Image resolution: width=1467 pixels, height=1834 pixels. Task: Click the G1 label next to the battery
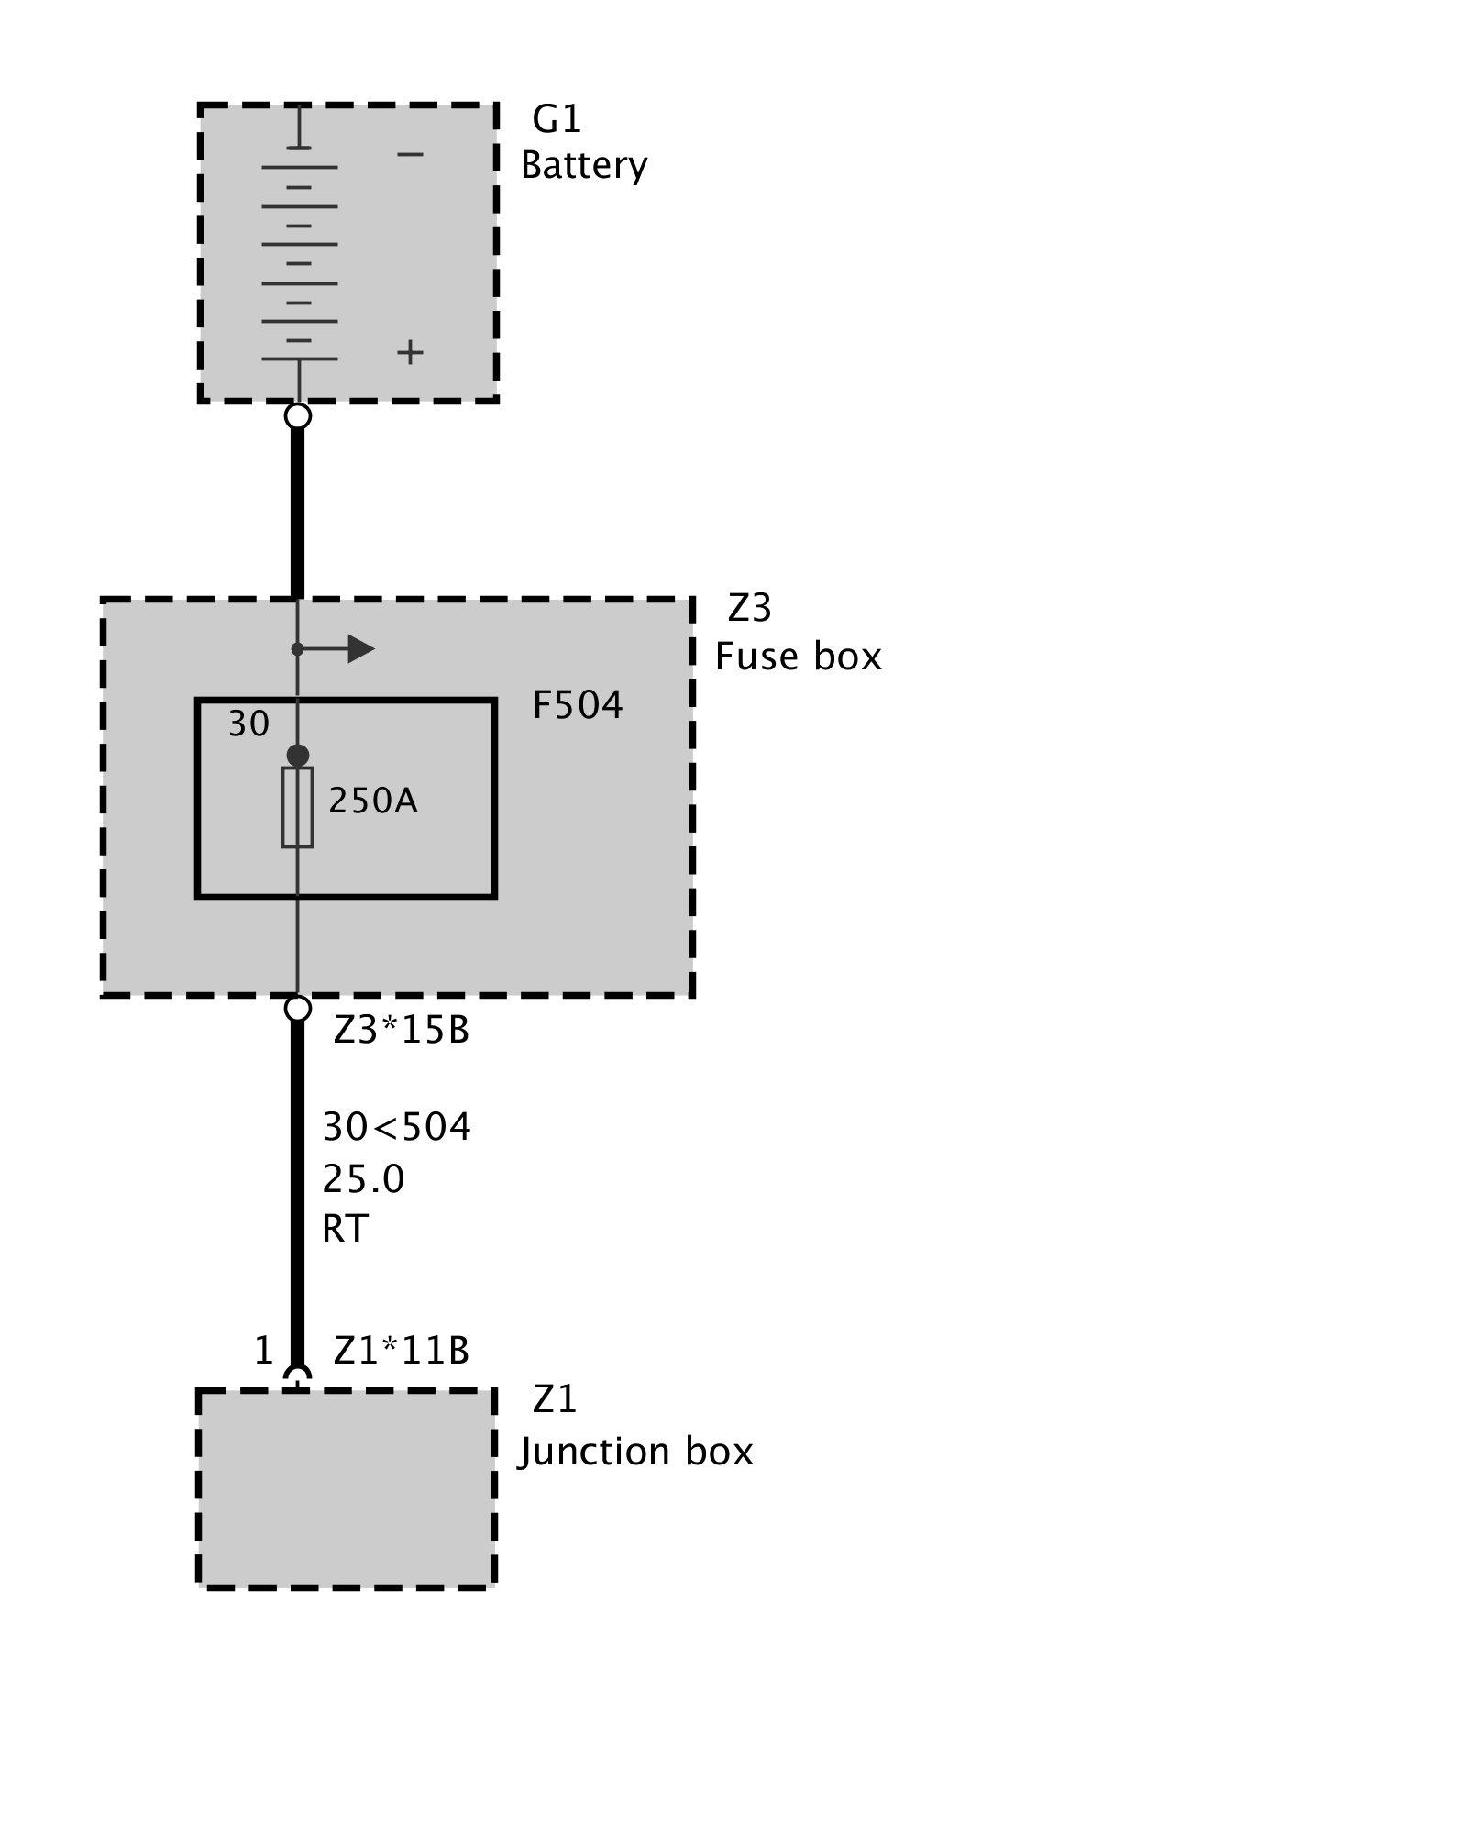click(557, 119)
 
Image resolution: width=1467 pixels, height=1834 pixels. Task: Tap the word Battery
click(584, 166)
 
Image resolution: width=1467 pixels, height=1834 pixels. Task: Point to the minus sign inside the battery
click(410, 154)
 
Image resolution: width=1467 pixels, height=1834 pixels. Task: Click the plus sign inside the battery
click(410, 352)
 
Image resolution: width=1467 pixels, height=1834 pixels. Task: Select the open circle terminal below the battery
click(298, 416)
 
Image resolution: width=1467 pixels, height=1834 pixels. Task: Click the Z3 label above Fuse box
click(749, 608)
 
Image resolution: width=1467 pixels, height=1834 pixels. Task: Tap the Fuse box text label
click(798, 657)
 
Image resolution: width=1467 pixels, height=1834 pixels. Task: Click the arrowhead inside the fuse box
click(360, 649)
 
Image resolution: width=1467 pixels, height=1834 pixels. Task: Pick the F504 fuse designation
click(578, 705)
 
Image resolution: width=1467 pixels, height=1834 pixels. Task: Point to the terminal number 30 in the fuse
click(248, 724)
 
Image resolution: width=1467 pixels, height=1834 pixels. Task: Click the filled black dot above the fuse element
click(298, 756)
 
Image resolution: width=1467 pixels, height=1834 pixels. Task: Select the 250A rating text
click(373, 801)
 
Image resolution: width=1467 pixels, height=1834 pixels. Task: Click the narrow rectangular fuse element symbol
click(297, 807)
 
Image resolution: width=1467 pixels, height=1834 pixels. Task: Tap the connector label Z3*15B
click(402, 1031)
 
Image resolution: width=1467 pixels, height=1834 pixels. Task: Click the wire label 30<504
click(397, 1127)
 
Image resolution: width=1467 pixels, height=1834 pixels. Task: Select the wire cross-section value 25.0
click(363, 1178)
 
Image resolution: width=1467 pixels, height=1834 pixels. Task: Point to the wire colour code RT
click(345, 1229)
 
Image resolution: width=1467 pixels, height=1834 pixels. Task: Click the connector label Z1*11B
click(402, 1351)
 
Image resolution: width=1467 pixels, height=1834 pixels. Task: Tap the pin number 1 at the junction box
click(264, 1351)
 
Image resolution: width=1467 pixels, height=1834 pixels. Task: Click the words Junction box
click(634, 1452)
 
